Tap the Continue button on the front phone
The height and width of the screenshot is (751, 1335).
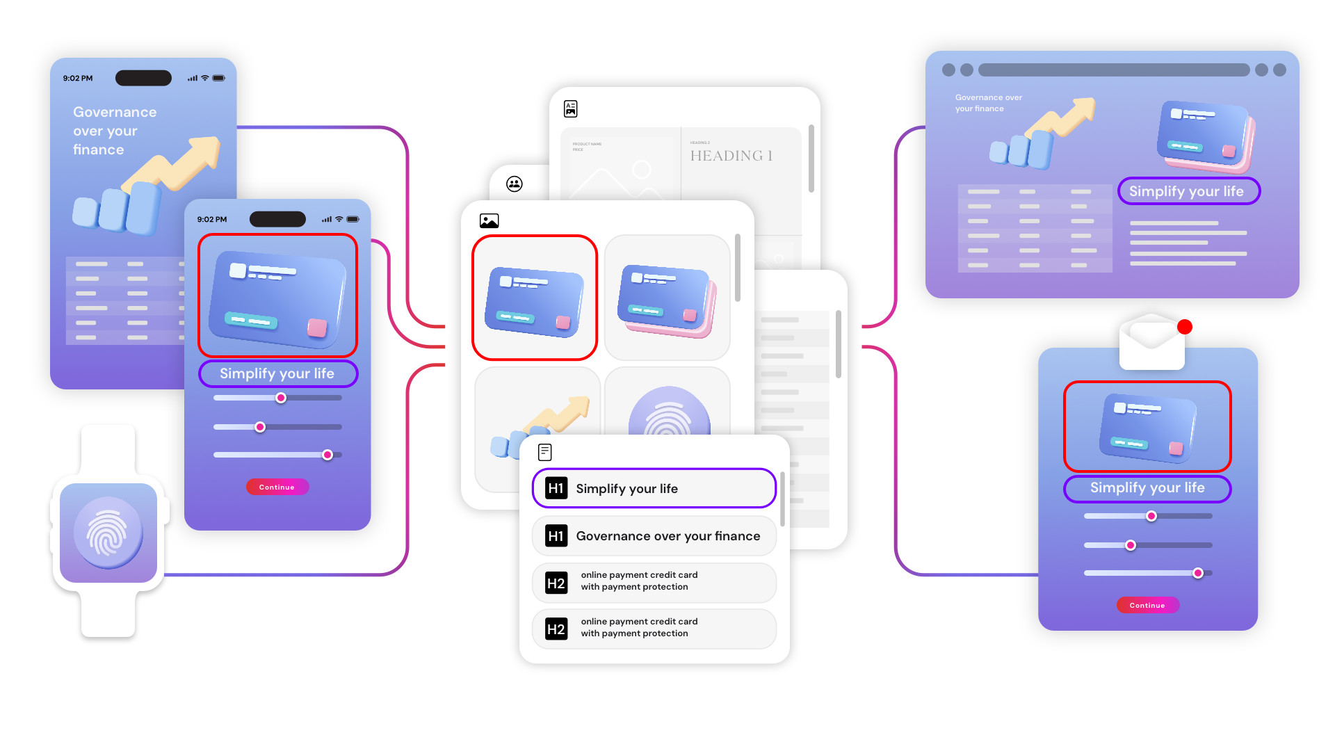tap(277, 487)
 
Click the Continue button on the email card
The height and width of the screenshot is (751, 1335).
tap(1147, 605)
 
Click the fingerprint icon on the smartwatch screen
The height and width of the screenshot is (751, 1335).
tap(108, 533)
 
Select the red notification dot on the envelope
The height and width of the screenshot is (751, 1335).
tap(1185, 327)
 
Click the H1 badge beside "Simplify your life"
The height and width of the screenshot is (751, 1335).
tap(556, 488)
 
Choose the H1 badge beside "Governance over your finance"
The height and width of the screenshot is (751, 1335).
tap(556, 536)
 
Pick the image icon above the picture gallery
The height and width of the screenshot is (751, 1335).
tap(489, 221)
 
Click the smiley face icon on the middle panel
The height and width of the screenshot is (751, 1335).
tap(515, 184)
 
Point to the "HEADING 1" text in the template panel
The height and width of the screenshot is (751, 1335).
tap(731, 156)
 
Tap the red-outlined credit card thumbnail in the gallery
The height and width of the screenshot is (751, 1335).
tap(535, 298)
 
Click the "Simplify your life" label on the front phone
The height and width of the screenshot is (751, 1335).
tap(277, 373)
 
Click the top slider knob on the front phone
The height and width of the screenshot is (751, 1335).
tap(281, 398)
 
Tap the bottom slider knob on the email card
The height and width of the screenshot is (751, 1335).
tap(1197, 573)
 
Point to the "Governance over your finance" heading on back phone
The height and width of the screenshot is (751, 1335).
tap(115, 131)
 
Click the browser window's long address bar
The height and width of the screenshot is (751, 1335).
tap(1113, 70)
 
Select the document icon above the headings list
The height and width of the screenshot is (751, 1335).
tap(545, 453)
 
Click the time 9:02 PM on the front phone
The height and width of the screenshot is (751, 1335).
tap(212, 219)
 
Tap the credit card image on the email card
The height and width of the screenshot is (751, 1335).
tap(1147, 426)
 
